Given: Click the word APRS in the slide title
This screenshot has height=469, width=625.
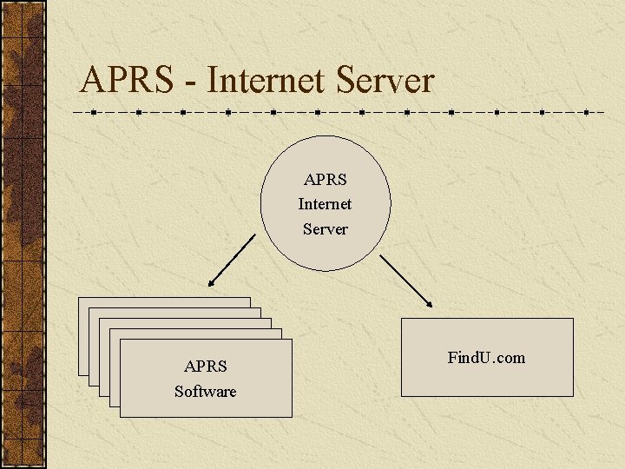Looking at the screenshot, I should pos(126,81).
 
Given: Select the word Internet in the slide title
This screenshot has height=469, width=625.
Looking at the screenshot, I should pos(266,81).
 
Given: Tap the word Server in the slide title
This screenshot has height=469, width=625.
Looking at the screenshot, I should pos(384,81).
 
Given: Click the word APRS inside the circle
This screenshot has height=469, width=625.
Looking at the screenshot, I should pos(326,180).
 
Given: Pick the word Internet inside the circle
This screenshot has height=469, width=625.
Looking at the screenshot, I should pos(326,204).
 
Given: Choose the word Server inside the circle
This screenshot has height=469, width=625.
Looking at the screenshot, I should pos(326,229).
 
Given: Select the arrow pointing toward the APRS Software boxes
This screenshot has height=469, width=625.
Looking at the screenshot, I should pos(231,260).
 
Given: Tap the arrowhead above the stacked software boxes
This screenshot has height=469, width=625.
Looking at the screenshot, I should pos(210,282).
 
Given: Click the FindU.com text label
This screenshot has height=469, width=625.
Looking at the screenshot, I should pos(486,357).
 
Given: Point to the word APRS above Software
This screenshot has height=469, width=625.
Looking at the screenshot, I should pos(206,367).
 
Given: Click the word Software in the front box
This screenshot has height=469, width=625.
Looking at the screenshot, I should pos(206,392).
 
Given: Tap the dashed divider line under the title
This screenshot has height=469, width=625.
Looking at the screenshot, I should pos(347,113).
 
